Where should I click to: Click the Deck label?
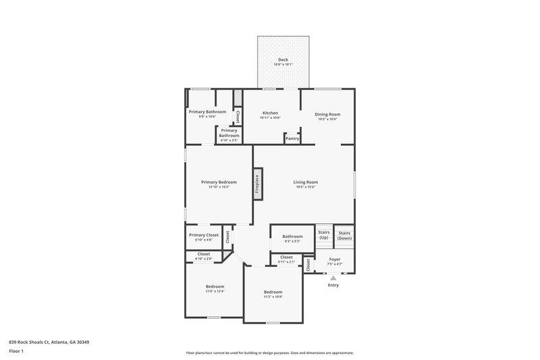coord(283,59)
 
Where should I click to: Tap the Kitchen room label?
coord(270,113)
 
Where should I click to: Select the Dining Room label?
coord(327,114)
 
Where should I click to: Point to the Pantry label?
coord(292,138)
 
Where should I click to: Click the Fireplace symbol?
coord(257,182)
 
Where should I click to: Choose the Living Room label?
coord(305,182)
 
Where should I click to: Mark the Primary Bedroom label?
coord(219,182)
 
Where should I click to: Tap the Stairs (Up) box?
coord(324,234)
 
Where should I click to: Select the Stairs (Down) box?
coord(344,234)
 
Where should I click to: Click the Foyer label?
coord(335,259)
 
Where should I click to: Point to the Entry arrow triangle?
coord(333,277)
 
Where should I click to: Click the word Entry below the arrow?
coord(333,285)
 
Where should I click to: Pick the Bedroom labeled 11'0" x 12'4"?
coord(215,286)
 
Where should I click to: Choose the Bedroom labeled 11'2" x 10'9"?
coord(273,292)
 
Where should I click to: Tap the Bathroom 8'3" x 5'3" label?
coord(292,236)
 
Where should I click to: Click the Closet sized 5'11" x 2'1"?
coord(286,257)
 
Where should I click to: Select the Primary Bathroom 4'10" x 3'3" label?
coord(229,135)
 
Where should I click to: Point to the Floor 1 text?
coord(16,351)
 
